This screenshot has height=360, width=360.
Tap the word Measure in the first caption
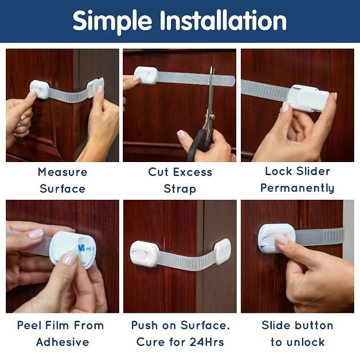click(x=63, y=172)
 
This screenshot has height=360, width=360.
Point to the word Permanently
click(x=297, y=188)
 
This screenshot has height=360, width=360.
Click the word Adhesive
click(x=63, y=342)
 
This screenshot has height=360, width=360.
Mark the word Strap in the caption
click(x=180, y=188)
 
